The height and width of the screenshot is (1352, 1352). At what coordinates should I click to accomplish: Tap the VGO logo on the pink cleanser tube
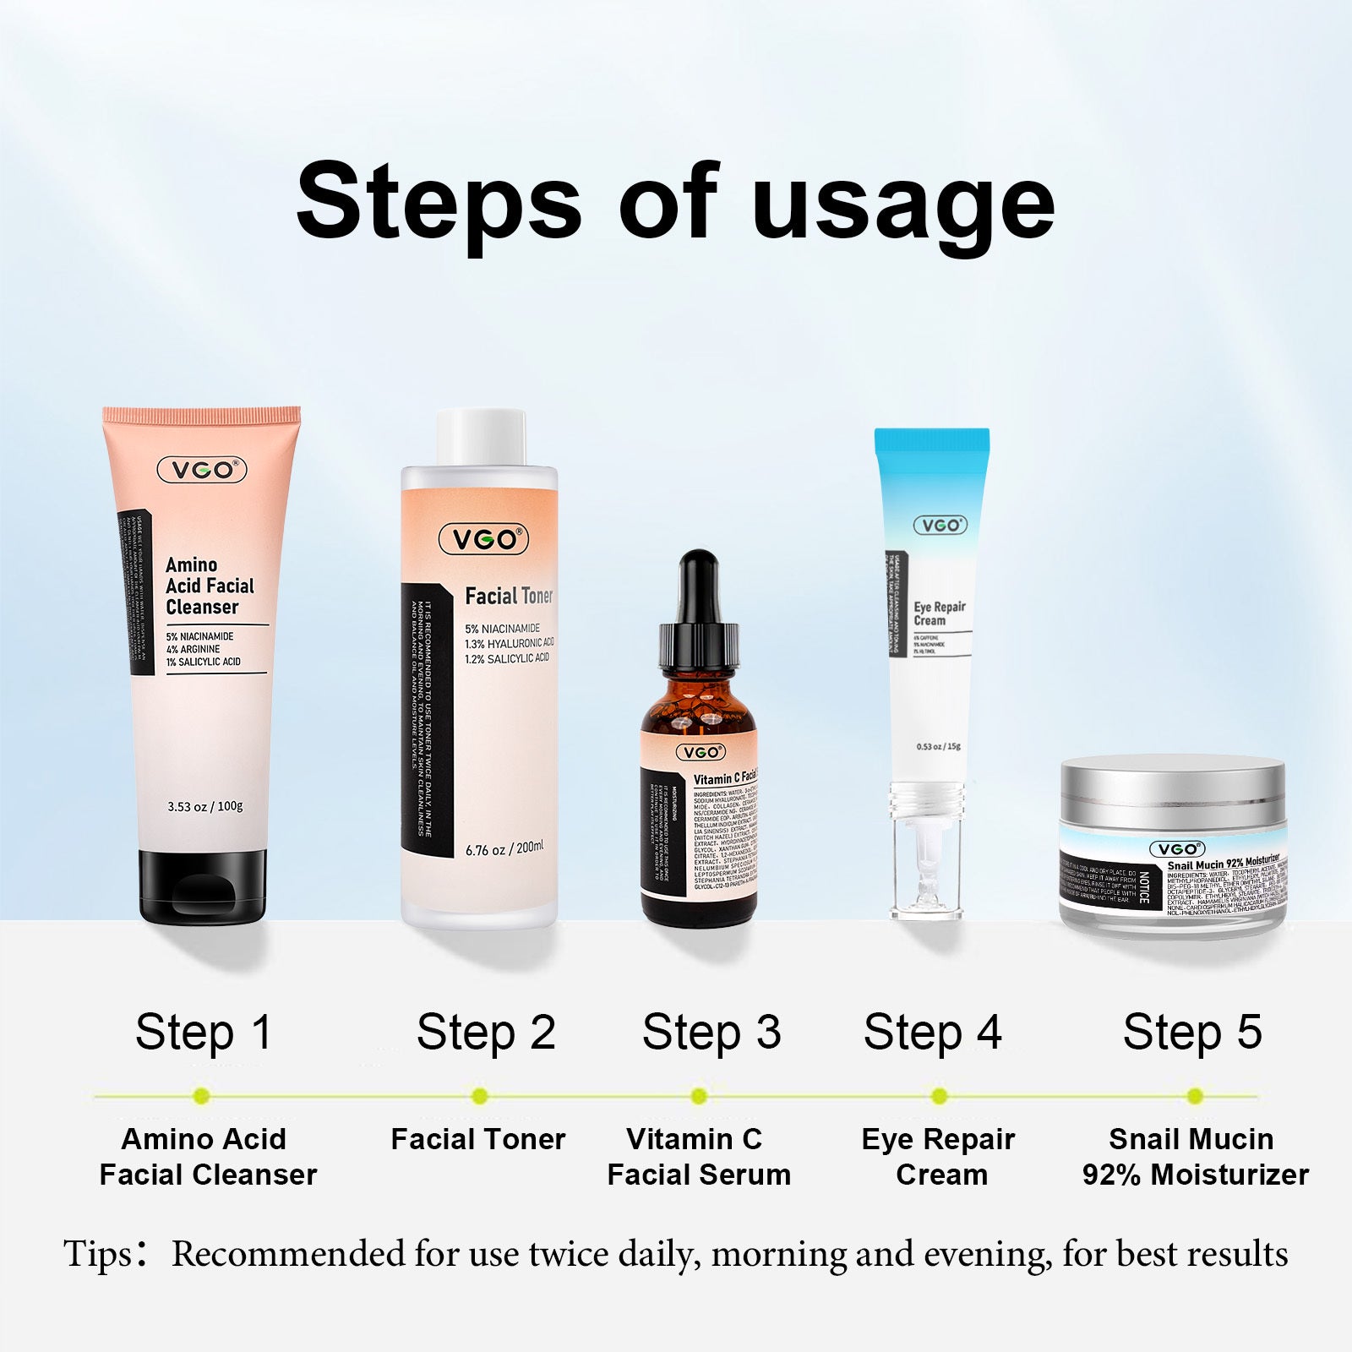(x=202, y=470)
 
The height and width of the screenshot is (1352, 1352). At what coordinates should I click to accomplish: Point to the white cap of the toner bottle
(x=481, y=437)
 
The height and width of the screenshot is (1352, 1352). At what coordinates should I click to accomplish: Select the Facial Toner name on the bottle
(x=509, y=597)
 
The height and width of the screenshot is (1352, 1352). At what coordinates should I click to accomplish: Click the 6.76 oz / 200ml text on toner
(x=504, y=848)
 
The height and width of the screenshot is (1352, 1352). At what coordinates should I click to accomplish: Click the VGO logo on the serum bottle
(x=701, y=752)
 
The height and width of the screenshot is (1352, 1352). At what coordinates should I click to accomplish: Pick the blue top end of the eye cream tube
(x=931, y=440)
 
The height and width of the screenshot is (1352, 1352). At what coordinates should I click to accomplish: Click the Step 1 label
(x=204, y=1033)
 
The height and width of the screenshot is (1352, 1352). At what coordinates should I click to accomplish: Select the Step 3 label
(x=711, y=1033)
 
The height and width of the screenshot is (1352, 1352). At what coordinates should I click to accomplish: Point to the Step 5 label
(x=1191, y=1033)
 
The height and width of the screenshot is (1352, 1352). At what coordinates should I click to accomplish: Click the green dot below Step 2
(x=480, y=1096)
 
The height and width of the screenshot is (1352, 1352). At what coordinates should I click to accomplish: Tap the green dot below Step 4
(x=939, y=1096)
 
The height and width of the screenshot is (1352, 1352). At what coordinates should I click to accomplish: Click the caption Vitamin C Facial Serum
(x=698, y=1157)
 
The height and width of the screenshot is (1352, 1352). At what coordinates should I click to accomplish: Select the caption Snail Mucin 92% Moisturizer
(x=1194, y=1157)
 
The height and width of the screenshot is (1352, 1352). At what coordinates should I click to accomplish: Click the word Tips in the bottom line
(x=98, y=1254)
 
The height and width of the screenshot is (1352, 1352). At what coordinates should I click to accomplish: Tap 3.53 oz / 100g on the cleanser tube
(x=205, y=806)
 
